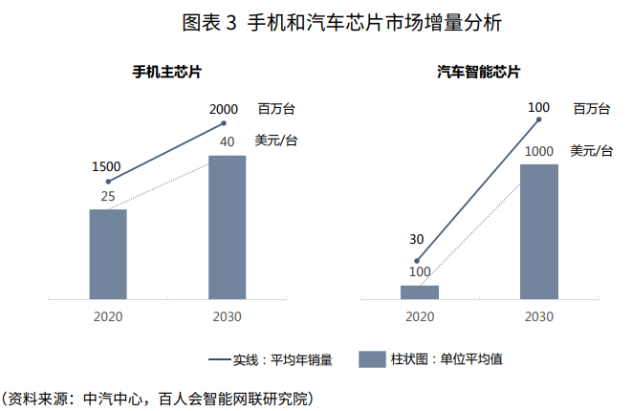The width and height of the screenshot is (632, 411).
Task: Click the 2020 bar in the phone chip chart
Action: point(108,253)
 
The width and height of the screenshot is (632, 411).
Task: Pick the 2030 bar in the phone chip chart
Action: point(227,227)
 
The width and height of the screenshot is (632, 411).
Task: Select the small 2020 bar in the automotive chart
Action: point(419,292)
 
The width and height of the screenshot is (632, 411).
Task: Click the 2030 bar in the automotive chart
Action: point(538,230)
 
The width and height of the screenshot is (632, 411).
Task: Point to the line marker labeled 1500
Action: point(108,182)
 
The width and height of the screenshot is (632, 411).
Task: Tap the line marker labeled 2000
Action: point(224,122)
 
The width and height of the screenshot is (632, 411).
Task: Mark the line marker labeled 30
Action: point(418,260)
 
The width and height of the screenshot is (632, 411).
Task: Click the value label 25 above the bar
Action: point(108,197)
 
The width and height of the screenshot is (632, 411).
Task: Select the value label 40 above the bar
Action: point(227,142)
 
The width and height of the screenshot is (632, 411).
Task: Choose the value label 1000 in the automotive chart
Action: point(539,151)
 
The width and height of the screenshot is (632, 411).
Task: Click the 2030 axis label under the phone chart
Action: point(227,316)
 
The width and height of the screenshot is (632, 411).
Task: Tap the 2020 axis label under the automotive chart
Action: point(419,316)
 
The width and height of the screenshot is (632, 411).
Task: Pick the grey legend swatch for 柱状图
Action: point(370,359)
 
